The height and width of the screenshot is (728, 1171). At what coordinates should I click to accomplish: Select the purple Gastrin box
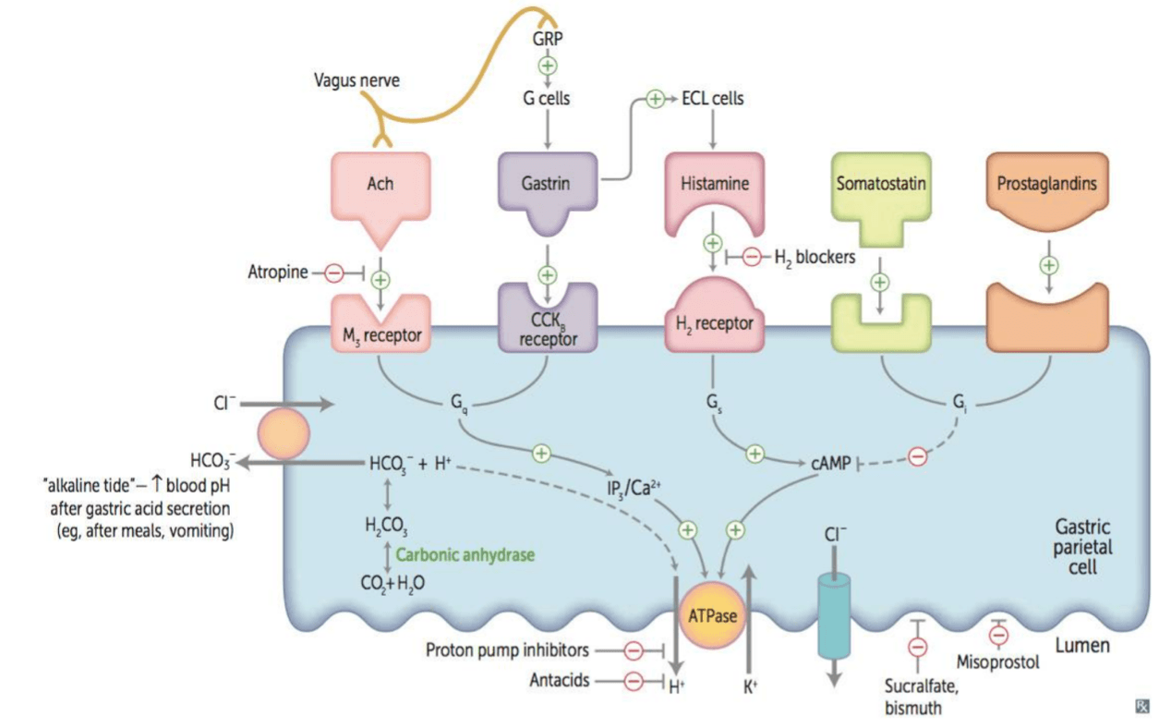click(548, 186)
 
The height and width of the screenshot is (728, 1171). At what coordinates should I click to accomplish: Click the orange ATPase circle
click(712, 615)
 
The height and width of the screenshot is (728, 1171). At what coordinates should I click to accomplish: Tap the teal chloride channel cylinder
click(833, 616)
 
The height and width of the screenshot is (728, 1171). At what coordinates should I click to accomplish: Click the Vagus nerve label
click(356, 80)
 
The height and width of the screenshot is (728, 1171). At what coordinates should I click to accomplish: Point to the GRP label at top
click(548, 39)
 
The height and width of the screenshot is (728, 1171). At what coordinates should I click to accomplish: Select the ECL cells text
click(713, 98)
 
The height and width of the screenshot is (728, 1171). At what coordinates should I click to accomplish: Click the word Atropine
click(278, 272)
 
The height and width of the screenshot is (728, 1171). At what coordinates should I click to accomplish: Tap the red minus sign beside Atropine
click(334, 273)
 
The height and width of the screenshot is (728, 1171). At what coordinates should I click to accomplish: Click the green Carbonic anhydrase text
click(465, 555)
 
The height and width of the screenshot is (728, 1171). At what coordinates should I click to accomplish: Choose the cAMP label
click(831, 464)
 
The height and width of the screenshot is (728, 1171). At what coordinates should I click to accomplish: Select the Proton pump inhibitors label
click(507, 650)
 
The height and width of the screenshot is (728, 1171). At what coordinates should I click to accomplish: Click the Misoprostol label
click(998, 662)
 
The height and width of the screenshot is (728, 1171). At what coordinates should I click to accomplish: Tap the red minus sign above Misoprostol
click(998, 636)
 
